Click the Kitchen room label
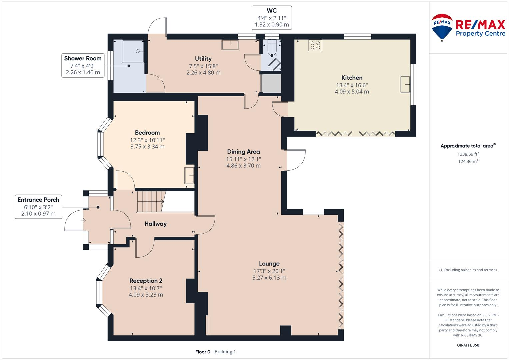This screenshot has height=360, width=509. [x=352, y=78]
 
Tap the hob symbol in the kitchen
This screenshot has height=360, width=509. [x=315, y=45]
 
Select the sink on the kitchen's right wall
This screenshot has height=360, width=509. [x=405, y=85]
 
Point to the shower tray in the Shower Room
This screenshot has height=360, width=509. [x=133, y=51]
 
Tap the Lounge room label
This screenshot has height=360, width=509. [x=269, y=264]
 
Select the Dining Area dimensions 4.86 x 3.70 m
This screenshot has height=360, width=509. [x=243, y=166]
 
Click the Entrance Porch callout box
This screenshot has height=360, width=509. [x=38, y=207]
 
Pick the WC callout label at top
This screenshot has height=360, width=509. [x=272, y=17]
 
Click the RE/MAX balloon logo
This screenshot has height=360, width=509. [x=442, y=27]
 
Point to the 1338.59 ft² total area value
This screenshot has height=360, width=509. [x=468, y=154]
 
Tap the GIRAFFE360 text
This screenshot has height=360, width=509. [x=468, y=345]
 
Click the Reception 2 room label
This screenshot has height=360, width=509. [x=146, y=281]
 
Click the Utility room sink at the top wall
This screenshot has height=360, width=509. [x=230, y=45]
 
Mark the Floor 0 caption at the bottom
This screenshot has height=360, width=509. [x=203, y=352]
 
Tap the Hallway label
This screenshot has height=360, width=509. [x=155, y=224]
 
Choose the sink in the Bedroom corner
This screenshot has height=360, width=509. [x=189, y=176]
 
